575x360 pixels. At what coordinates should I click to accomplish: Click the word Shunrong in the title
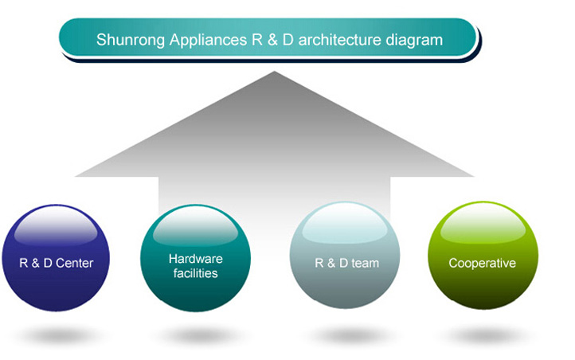(130, 41)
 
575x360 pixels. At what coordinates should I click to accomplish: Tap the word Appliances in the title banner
(209, 41)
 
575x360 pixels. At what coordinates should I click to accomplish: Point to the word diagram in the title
(414, 41)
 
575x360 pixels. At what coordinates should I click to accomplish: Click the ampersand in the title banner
(272, 40)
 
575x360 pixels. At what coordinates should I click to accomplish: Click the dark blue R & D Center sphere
(56, 258)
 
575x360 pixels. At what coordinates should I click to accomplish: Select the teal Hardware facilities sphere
(195, 258)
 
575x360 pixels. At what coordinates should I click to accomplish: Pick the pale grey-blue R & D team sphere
(345, 255)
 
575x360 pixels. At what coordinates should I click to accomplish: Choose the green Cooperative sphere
(483, 256)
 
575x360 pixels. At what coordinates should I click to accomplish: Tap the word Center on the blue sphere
(74, 263)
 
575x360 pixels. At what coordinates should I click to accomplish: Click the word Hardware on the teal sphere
(195, 259)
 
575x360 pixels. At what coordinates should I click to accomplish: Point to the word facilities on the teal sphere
(195, 273)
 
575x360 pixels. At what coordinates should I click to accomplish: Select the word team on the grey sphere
(365, 263)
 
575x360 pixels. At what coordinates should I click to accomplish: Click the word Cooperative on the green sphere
(483, 263)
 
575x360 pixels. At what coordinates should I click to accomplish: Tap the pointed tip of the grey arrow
(274, 72)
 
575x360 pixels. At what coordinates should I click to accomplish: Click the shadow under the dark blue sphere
(57, 335)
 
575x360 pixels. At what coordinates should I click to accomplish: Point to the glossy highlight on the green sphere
(483, 224)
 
